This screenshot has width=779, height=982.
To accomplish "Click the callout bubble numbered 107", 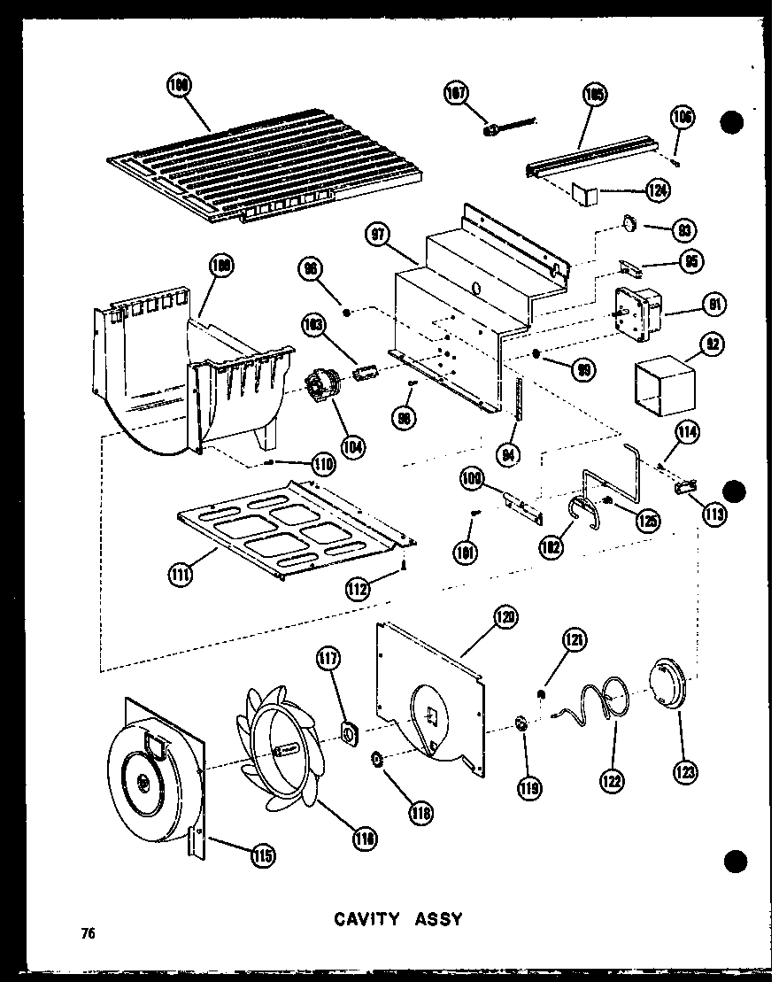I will coord(458,95).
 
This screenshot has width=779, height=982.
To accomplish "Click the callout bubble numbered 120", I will coord(506,617).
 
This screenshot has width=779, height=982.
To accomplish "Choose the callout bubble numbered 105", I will coord(594,95).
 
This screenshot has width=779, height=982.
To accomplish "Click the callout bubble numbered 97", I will coord(378,235).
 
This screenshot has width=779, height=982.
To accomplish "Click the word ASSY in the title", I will coord(437,918).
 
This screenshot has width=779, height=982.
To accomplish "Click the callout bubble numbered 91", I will coord(713,304).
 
